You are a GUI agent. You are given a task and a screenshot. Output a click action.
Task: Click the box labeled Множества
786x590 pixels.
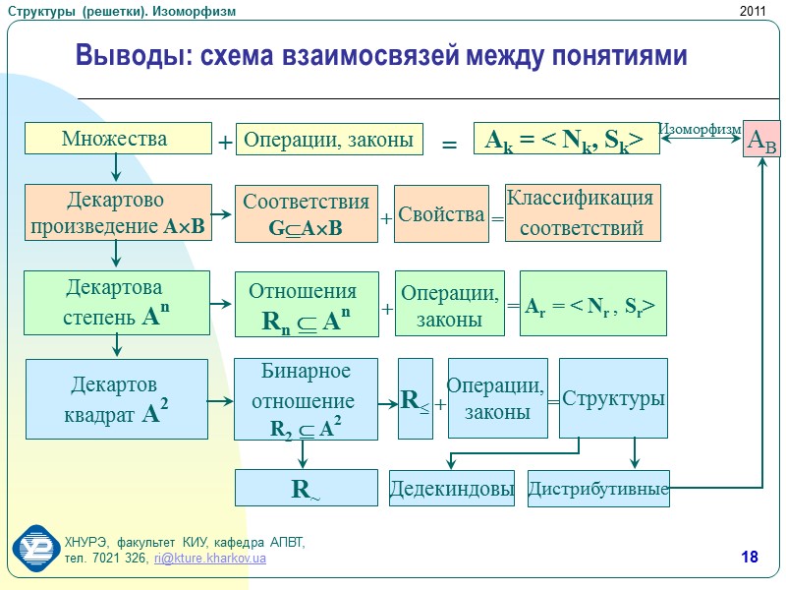[118, 139]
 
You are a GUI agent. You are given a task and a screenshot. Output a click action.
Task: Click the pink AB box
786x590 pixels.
[761, 141]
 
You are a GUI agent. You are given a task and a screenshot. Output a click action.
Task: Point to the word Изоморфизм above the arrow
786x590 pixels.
[699, 129]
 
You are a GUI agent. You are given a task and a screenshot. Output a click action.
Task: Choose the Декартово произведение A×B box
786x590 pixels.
[118, 212]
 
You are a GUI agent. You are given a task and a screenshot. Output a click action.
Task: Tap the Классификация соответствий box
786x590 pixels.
[583, 213]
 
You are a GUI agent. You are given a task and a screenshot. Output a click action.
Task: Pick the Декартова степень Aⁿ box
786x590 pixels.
[117, 300]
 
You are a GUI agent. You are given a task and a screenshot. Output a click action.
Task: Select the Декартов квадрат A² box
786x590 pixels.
[117, 399]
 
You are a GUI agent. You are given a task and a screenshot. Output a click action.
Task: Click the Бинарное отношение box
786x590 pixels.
[306, 399]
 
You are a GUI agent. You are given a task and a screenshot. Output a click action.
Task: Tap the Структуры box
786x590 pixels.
[614, 399]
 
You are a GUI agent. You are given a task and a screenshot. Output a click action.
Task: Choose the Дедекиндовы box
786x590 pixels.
[452, 489]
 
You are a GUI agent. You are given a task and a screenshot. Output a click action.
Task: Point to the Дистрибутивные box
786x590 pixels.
[598, 489]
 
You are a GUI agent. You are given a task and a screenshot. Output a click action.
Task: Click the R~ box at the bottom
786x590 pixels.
[306, 489]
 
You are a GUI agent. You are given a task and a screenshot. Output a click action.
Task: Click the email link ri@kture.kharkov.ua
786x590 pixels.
[210, 559]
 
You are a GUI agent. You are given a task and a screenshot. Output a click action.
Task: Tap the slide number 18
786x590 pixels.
[750, 559]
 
